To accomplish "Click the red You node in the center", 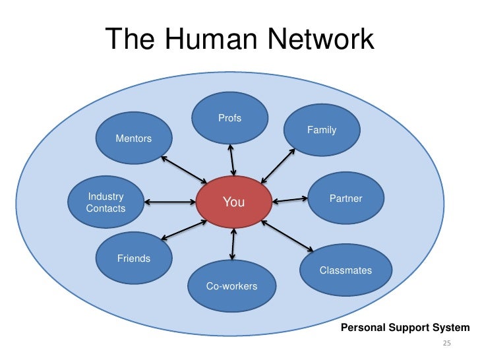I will point(234,202).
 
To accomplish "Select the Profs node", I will point(230,119).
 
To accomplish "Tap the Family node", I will point(322,130).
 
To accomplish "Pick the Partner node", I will point(345,198).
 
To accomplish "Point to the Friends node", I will point(134,258).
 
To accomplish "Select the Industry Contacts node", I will point(106,202).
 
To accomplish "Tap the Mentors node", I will point(134,138).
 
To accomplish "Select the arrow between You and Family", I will point(278,164).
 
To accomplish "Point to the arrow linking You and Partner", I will point(290,198).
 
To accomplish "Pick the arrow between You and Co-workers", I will point(232,244).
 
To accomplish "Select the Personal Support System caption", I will point(405,328).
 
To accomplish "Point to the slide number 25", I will point(446,344).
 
